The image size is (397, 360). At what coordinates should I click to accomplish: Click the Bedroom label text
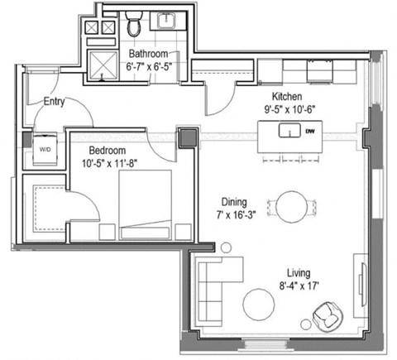[x=109, y=151]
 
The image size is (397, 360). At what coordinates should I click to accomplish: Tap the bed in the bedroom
[x=146, y=205]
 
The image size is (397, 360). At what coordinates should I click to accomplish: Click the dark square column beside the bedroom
[x=188, y=137]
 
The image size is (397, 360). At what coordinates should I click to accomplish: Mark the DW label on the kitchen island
[x=309, y=131]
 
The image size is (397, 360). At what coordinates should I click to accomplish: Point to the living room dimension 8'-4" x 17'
[x=301, y=286]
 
